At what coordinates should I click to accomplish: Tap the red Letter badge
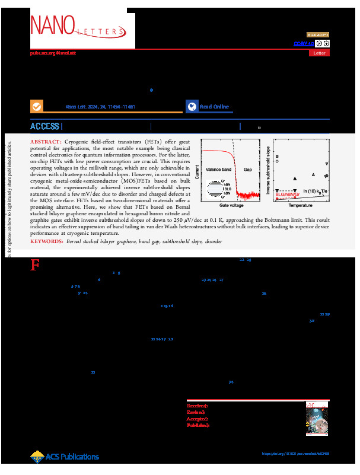[319, 53]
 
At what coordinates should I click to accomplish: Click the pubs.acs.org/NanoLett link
[53, 53]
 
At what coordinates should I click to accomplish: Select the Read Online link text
[214, 107]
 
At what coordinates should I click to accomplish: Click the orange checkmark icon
[37, 107]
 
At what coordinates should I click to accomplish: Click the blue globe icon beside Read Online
[192, 107]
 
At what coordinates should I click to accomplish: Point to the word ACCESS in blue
[44, 126]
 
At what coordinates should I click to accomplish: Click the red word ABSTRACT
[45, 143]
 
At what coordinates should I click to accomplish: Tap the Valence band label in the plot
[218, 169]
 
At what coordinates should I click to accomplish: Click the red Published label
[198, 425]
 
